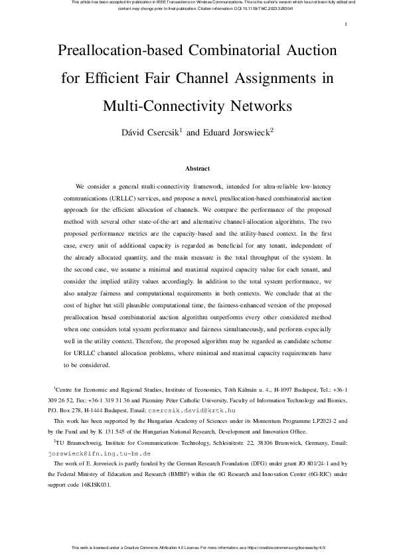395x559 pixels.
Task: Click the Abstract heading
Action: point(197,169)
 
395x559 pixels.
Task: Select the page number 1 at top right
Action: point(347,25)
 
